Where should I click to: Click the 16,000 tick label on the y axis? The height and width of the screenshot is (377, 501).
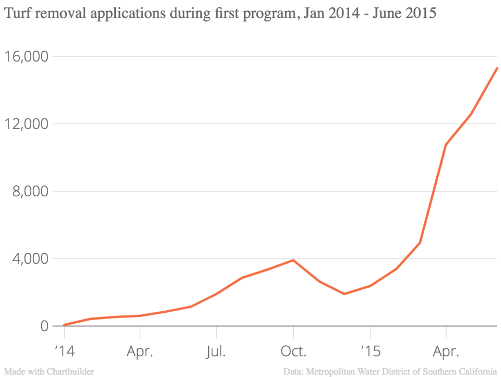pyautogui.click(x=26, y=56)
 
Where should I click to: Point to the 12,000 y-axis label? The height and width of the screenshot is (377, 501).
pyautogui.click(x=26, y=124)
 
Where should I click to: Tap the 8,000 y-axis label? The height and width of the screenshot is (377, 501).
pyautogui.click(x=30, y=191)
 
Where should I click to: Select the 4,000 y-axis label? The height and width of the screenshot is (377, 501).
pyautogui.click(x=30, y=258)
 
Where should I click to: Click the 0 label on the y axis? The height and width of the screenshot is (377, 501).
pyautogui.click(x=44, y=326)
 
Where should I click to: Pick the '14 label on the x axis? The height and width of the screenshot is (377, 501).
pyautogui.click(x=64, y=350)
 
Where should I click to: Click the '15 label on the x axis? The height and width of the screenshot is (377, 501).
pyautogui.click(x=370, y=350)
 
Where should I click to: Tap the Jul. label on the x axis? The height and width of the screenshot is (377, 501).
pyautogui.click(x=216, y=350)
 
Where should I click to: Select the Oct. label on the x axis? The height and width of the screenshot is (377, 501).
pyautogui.click(x=293, y=350)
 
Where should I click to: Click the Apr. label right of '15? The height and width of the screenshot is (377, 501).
pyautogui.click(x=446, y=350)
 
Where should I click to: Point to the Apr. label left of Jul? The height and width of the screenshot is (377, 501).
pyautogui.click(x=140, y=350)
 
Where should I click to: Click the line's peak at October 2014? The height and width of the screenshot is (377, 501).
pyautogui.click(x=293, y=260)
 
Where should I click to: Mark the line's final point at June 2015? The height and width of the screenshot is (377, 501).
pyautogui.click(x=497, y=68)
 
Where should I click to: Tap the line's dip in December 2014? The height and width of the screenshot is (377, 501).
pyautogui.click(x=344, y=294)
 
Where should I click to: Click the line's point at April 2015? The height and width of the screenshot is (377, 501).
pyautogui.click(x=446, y=145)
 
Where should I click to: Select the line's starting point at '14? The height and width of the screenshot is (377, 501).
pyautogui.click(x=64, y=325)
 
